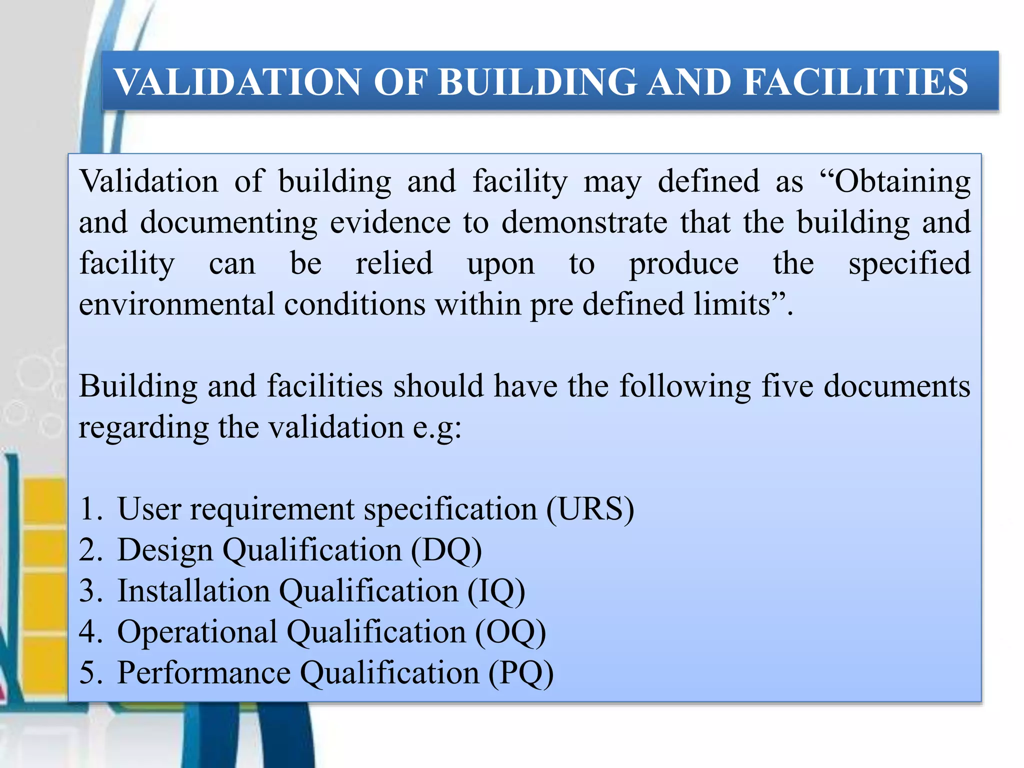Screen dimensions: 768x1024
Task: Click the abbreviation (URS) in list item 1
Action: coord(590,509)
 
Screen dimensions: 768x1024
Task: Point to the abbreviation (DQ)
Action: coord(446,550)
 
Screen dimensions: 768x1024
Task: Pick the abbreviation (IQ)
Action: coord(496,591)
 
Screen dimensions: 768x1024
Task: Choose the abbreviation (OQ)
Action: coord(510,632)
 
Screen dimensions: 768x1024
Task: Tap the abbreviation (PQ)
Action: coord(521,673)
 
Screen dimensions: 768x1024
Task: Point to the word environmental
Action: coord(176,304)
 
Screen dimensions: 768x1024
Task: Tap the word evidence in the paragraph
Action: coord(390,222)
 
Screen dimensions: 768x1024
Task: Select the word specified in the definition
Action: coord(909,264)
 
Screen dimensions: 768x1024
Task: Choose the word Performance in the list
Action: coord(203,672)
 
